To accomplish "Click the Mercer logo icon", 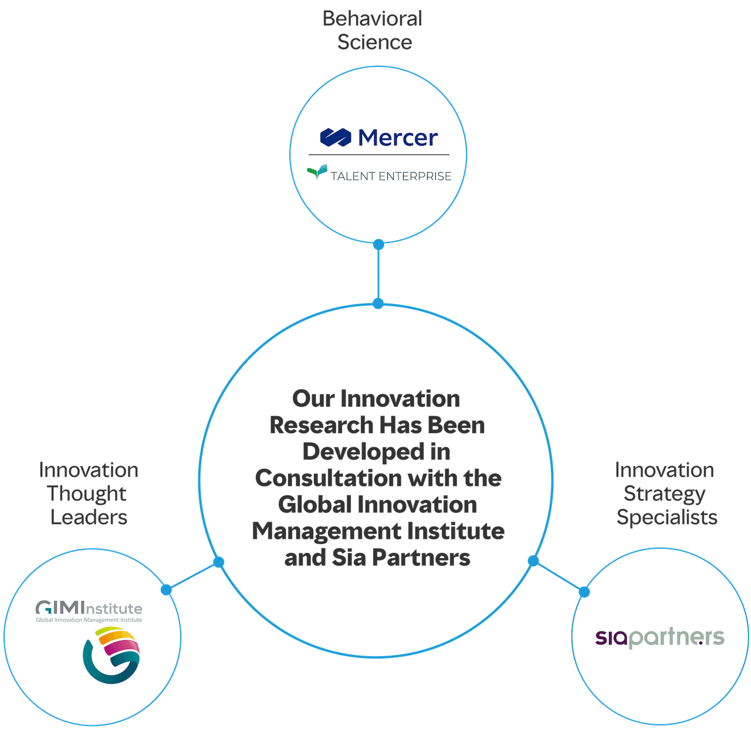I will [336, 137].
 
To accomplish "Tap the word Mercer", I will [398, 138].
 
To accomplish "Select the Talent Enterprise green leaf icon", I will [317, 172].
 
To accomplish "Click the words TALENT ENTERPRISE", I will [391, 176].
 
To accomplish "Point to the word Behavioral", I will [373, 19].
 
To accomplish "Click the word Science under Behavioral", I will [374, 42].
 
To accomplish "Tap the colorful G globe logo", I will [112, 655].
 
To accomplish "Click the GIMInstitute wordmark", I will [89, 607].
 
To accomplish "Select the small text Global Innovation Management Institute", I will [89, 620].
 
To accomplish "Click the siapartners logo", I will [659, 637].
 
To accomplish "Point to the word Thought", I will [87, 494].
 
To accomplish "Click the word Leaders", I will [89, 517].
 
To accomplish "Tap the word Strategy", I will [664, 494].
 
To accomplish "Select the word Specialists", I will [667, 517].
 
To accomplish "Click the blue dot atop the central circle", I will [378, 303].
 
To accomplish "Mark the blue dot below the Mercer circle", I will [379, 244].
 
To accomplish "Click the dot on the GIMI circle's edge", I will [167, 589].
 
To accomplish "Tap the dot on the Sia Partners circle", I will [584, 592].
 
